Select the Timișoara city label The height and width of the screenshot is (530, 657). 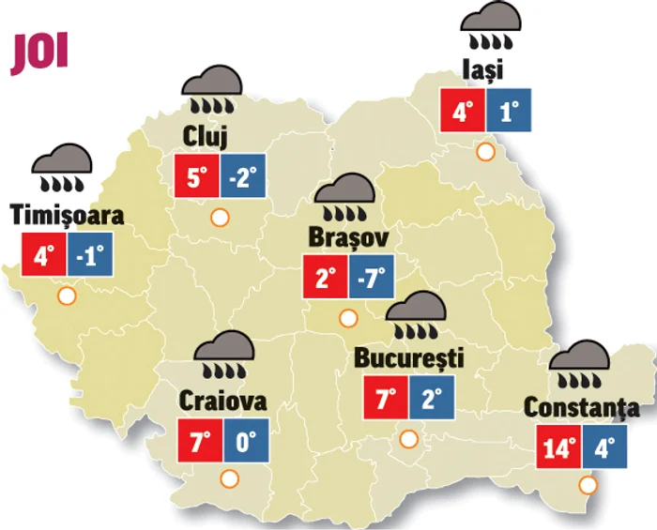pos(67,215)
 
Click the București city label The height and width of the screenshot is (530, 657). pos(409,357)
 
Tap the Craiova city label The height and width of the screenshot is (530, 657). pos(223,401)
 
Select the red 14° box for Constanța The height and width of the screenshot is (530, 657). pos(558,447)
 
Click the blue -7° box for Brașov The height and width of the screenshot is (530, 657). pos(372,279)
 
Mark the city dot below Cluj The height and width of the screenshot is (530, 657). pos(221,218)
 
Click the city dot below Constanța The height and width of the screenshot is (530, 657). pos(588,485)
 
